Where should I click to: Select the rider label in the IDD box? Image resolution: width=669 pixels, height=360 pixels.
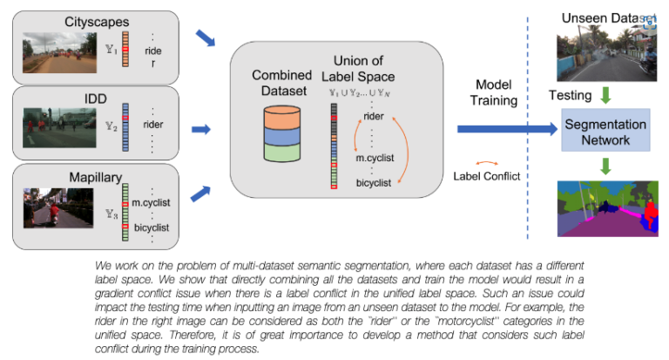point(152,124)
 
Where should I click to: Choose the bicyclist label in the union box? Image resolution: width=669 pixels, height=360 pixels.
point(372,182)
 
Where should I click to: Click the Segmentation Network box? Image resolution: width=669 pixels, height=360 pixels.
point(605,132)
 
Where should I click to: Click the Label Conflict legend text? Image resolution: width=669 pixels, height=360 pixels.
point(486,175)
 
